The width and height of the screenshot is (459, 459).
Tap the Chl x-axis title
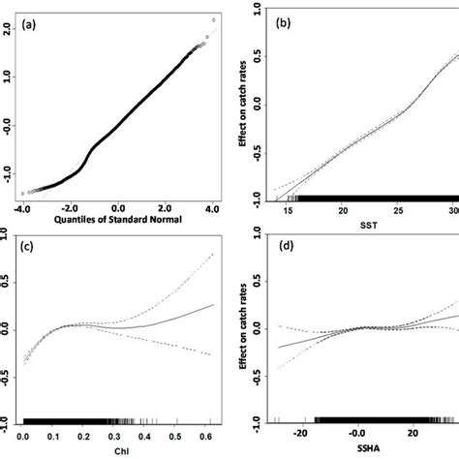118,450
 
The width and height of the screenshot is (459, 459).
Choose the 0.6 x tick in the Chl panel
210,435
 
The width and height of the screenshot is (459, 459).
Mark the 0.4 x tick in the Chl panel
147,435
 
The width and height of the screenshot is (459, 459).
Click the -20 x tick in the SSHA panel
300,435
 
